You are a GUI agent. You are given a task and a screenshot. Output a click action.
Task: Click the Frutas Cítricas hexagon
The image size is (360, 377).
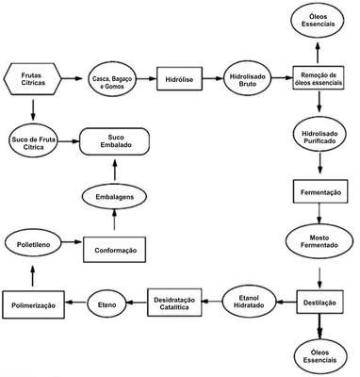click(33, 79)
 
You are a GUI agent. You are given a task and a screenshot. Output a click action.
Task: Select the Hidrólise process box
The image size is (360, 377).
click(179, 79)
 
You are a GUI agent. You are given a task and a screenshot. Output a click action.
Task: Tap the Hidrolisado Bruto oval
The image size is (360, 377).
click(248, 80)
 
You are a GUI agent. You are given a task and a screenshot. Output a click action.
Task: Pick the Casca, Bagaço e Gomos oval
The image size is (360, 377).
click(112, 80)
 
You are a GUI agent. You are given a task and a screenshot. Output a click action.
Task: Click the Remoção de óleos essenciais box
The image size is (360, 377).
click(319, 78)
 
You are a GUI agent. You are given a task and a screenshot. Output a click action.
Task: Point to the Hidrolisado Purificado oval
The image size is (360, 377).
click(319, 138)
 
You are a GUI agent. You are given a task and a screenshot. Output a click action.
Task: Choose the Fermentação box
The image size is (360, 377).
click(320, 191)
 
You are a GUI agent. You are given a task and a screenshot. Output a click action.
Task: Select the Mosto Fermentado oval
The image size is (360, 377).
click(319, 241)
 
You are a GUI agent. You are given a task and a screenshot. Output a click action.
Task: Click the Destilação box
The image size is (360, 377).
click(319, 302)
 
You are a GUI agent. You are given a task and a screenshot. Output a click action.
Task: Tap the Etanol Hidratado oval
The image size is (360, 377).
click(250, 302)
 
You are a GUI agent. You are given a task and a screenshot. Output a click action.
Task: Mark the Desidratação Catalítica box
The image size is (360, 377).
click(174, 303)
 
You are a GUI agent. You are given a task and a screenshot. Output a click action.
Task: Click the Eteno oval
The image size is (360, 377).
click(106, 304)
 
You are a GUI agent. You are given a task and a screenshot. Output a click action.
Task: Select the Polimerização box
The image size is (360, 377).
click(33, 304)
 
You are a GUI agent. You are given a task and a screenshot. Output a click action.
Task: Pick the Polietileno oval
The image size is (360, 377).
click(33, 244)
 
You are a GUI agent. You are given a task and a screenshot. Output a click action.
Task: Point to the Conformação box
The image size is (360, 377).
click(114, 250)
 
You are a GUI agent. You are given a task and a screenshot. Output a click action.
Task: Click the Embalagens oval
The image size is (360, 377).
click(114, 197)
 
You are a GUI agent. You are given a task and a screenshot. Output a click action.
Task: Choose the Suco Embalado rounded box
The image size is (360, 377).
click(114, 141)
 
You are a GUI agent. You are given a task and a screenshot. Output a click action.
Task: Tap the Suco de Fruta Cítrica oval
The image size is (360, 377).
click(33, 142)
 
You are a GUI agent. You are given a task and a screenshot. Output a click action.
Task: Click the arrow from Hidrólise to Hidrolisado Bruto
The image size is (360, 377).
click(213, 78)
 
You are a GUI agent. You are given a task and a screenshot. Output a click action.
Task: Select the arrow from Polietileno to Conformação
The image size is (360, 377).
click(72, 242)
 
